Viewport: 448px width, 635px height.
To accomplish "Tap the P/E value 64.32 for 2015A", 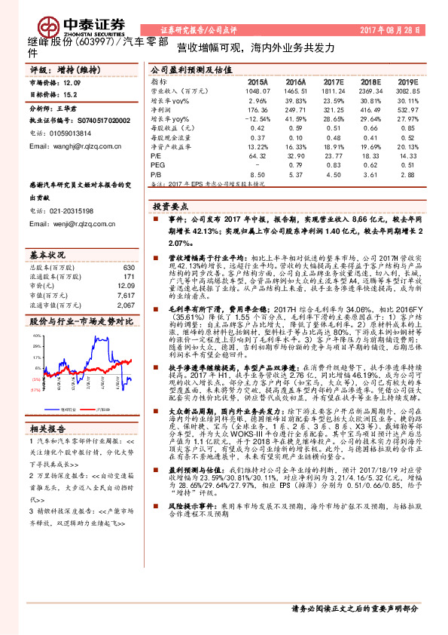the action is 258,154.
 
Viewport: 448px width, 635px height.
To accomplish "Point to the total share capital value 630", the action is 128,268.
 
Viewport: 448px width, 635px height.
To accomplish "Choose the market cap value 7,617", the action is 126,296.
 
